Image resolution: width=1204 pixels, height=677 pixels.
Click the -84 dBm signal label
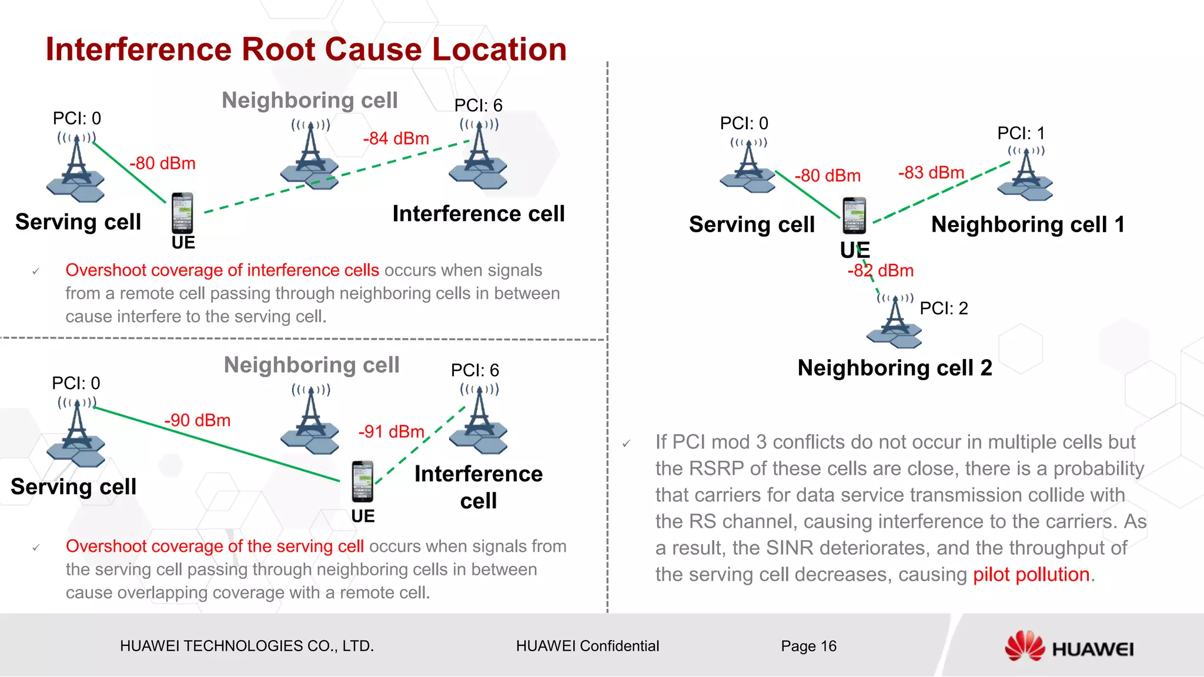(x=396, y=139)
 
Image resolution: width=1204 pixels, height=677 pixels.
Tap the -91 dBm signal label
(x=391, y=432)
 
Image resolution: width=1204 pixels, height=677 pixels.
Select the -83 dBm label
(x=931, y=173)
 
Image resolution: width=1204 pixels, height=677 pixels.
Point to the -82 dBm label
(x=880, y=271)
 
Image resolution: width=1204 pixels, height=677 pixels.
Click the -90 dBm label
(x=197, y=421)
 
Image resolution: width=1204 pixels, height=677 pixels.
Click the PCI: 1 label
(x=1021, y=133)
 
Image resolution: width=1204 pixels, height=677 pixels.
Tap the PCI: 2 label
(x=943, y=309)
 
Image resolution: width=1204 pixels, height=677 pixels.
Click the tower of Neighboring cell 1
(x=1025, y=175)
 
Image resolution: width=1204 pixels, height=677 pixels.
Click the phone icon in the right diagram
(x=854, y=216)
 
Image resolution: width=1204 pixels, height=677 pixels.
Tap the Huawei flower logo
(x=1024, y=646)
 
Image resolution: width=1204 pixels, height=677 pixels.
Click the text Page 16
(x=808, y=646)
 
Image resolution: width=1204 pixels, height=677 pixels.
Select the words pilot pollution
(x=1031, y=575)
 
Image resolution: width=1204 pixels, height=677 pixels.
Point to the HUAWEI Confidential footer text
(x=587, y=646)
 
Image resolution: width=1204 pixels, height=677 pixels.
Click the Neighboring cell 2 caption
(x=894, y=368)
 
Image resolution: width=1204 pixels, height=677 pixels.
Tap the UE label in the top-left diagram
(x=183, y=243)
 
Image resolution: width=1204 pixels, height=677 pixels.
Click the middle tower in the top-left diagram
(x=310, y=156)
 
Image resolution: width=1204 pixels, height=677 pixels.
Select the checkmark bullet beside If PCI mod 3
(x=627, y=444)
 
